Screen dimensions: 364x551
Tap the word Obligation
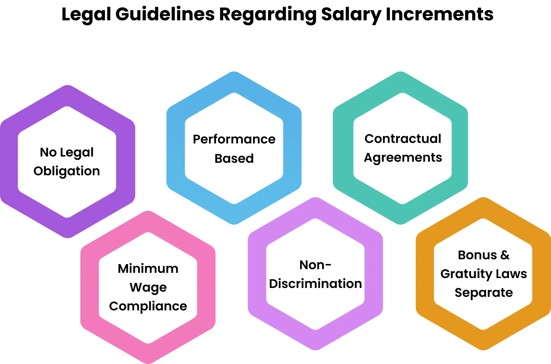[x=66, y=171]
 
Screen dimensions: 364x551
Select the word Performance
[x=234, y=139]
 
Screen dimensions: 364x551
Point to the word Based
[x=234, y=158]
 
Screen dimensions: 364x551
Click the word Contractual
[x=403, y=138]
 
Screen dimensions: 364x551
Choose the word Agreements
[x=403, y=158]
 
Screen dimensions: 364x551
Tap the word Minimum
[x=148, y=269]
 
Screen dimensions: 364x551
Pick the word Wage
[x=148, y=287]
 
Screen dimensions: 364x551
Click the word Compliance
[x=148, y=306]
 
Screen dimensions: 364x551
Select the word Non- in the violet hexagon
[x=315, y=265]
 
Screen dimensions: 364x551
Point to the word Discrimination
[x=315, y=284]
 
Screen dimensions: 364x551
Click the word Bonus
[x=477, y=255]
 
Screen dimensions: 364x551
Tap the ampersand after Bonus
[x=505, y=255]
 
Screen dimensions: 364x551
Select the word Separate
[x=483, y=293]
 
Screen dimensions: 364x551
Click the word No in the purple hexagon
[x=48, y=152]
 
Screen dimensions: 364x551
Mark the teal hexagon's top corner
[x=401, y=72]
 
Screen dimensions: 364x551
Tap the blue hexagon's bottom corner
[x=234, y=224]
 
